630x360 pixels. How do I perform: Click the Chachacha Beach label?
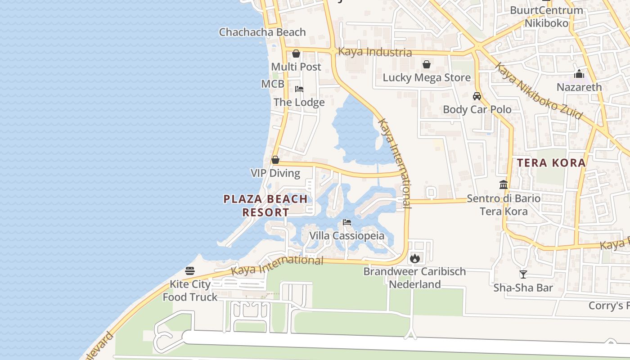pyautogui.click(x=262, y=32)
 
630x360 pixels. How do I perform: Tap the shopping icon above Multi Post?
pyautogui.click(x=296, y=54)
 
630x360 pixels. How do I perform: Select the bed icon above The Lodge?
pyautogui.click(x=299, y=89)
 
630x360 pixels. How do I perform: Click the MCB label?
pyautogui.click(x=273, y=84)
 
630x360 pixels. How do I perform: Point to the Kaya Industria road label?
pyautogui.click(x=375, y=52)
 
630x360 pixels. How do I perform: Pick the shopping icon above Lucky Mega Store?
pyautogui.click(x=427, y=65)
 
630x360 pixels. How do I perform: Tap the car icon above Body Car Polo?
pyautogui.click(x=477, y=96)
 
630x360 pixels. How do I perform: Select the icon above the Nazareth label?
pyautogui.click(x=579, y=74)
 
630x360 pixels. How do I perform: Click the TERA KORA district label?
pyautogui.click(x=551, y=163)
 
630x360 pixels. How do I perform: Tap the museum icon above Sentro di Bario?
pyautogui.click(x=504, y=185)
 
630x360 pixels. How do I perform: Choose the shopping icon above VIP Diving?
pyautogui.click(x=275, y=160)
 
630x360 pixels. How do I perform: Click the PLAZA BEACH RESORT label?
pyautogui.click(x=265, y=205)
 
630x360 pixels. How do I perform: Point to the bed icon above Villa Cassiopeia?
pyautogui.click(x=346, y=222)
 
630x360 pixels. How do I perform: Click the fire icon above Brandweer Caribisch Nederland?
pyautogui.click(x=414, y=259)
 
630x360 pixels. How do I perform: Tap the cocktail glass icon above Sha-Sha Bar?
pyautogui.click(x=523, y=274)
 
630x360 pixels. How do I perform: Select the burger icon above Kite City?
pyautogui.click(x=190, y=271)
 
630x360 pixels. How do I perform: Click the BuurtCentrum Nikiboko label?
pyautogui.click(x=546, y=17)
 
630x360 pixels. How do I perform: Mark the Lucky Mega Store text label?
pyautogui.click(x=427, y=78)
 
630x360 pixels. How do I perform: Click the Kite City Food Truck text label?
pyautogui.click(x=190, y=291)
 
